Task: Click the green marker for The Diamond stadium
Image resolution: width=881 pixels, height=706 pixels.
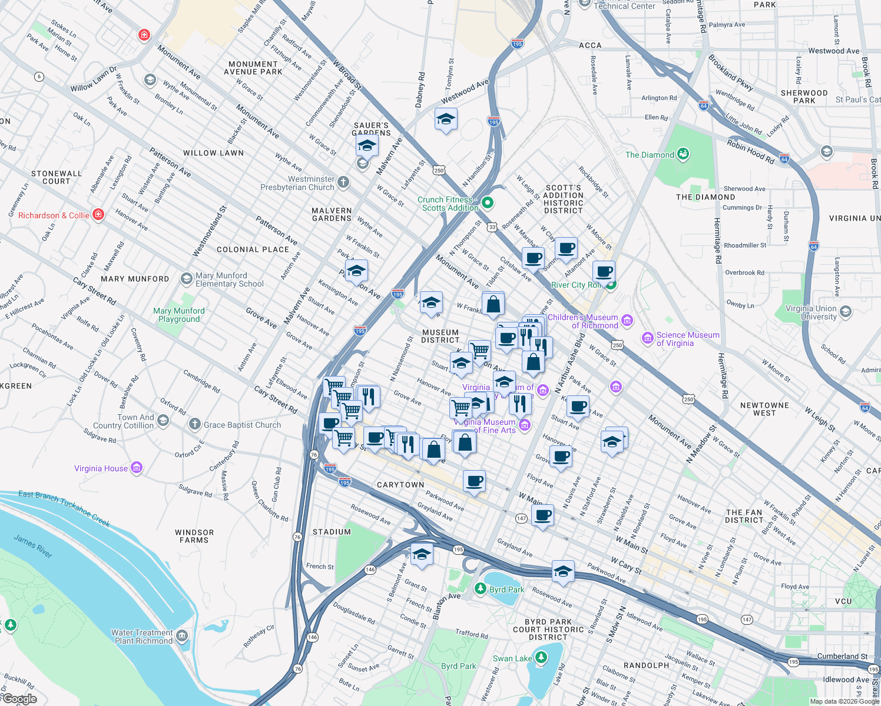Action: coord(683,154)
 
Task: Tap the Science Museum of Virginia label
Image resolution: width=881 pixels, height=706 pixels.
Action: coord(687,339)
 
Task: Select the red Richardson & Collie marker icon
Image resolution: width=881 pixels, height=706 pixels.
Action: coord(98,215)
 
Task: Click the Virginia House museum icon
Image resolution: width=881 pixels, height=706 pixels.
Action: coord(137,468)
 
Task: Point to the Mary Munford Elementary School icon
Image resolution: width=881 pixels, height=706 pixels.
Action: coord(186,278)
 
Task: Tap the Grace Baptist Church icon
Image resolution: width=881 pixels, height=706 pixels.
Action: coord(195,424)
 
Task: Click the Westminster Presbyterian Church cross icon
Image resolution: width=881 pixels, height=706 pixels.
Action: coord(343,182)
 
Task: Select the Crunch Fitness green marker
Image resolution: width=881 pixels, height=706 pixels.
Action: coord(487,203)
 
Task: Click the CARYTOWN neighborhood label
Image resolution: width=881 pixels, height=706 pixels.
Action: coord(400,485)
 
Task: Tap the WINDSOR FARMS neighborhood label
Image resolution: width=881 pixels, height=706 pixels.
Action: coord(194,536)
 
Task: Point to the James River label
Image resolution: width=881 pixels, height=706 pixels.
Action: coord(33,545)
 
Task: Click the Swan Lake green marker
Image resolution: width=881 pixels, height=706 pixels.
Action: coord(541,658)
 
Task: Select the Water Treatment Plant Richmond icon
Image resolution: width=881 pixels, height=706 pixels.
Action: coord(182,636)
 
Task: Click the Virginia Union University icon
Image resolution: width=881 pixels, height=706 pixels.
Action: coord(846,311)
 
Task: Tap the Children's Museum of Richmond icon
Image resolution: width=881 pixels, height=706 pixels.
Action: coord(627,321)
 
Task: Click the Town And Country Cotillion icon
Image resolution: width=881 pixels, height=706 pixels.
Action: coord(163,421)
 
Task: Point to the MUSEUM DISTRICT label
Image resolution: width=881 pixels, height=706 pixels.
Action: coord(440,336)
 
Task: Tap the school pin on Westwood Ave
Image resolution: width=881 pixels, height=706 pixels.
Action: coord(446,119)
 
